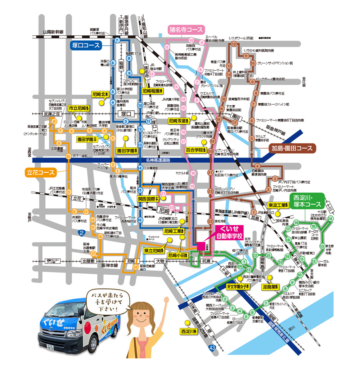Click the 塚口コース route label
pyautogui.click(x=86, y=45)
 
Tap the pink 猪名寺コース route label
pyautogui.click(x=186, y=30)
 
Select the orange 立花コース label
pyautogui.click(x=40, y=172)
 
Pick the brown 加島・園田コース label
pyautogui.click(x=292, y=148)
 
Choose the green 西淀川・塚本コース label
pyautogui.click(x=306, y=201)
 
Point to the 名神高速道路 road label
pyautogui.click(x=158, y=160)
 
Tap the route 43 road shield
pyautogui.click(x=212, y=348)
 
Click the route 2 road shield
pyautogui.click(x=82, y=232)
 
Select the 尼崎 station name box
pyautogui.click(x=163, y=211)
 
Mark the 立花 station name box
pyautogui.click(x=77, y=198)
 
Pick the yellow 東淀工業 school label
pyautogui.click(x=278, y=205)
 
